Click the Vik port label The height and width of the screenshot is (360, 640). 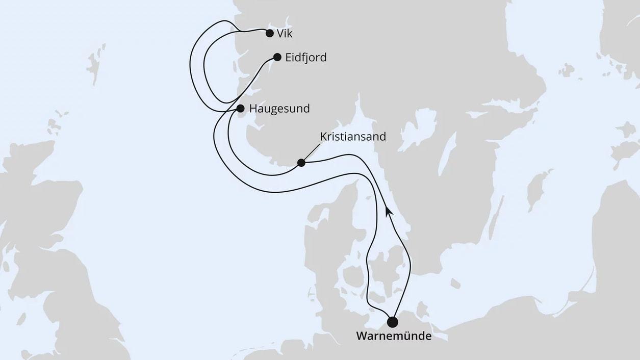point(285,34)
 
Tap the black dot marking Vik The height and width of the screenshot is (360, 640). point(270,34)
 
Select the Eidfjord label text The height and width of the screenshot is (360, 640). point(306,58)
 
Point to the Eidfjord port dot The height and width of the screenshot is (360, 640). point(277,57)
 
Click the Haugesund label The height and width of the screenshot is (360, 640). point(279,109)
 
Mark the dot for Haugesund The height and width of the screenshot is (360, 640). point(240,108)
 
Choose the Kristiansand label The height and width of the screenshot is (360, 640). point(353,137)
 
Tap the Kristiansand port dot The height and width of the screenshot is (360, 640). point(301,163)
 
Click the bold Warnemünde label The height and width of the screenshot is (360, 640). point(394,337)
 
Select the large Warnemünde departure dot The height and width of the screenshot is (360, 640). point(393,322)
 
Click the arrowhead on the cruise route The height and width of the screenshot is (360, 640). point(389,210)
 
